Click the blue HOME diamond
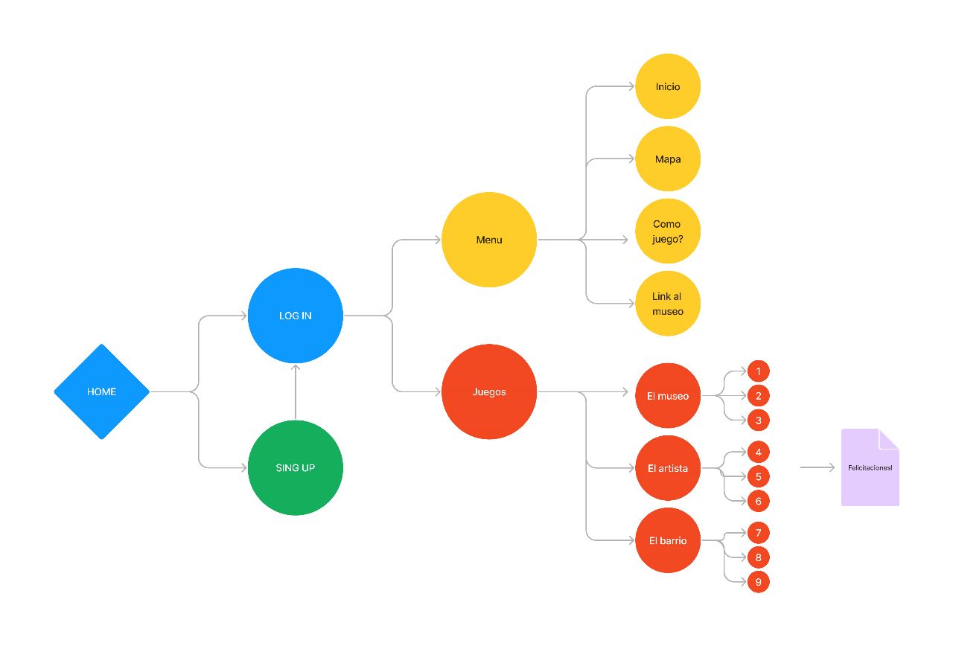click(x=101, y=391)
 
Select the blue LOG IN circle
click(x=296, y=316)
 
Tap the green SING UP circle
click(x=296, y=467)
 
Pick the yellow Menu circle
click(x=489, y=240)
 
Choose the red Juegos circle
click(x=489, y=391)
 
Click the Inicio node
click(x=668, y=86)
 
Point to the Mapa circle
click(x=668, y=159)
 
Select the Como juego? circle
click(x=668, y=231)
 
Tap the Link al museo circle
click(x=668, y=304)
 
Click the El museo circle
click(x=668, y=396)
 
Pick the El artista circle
click(x=668, y=468)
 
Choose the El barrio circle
click(x=668, y=540)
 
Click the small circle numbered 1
click(x=758, y=371)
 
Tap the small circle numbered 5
click(x=758, y=476)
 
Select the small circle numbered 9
click(x=758, y=582)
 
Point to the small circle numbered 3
click(x=758, y=420)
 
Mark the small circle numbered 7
click(x=758, y=533)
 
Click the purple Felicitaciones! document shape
click(x=870, y=467)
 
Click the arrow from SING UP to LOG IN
click(x=296, y=391)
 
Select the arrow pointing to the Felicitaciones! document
click(x=817, y=467)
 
